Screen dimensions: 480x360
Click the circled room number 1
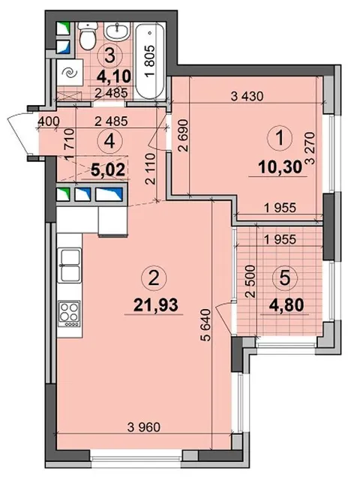point(278,138)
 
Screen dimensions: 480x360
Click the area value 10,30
point(276,166)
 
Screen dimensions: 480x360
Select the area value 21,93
point(154,307)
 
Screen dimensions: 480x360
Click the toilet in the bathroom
point(85,35)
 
